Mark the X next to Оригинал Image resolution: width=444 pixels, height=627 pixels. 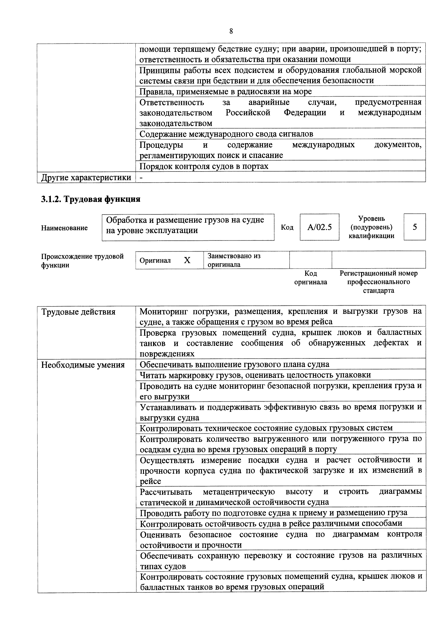pyautogui.click(x=187, y=260)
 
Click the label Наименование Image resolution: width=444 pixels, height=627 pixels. pyautogui.click(x=64, y=228)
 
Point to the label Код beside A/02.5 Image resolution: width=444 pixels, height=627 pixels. pyautogui.click(x=287, y=227)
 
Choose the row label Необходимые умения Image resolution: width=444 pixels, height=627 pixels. pyautogui.click(x=83, y=365)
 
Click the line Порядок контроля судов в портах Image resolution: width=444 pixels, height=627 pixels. pyautogui.click(x=204, y=166)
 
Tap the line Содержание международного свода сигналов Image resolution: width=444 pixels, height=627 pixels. pyautogui.click(x=226, y=134)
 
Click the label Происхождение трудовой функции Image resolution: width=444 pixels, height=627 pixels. pyautogui.click(x=82, y=261)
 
